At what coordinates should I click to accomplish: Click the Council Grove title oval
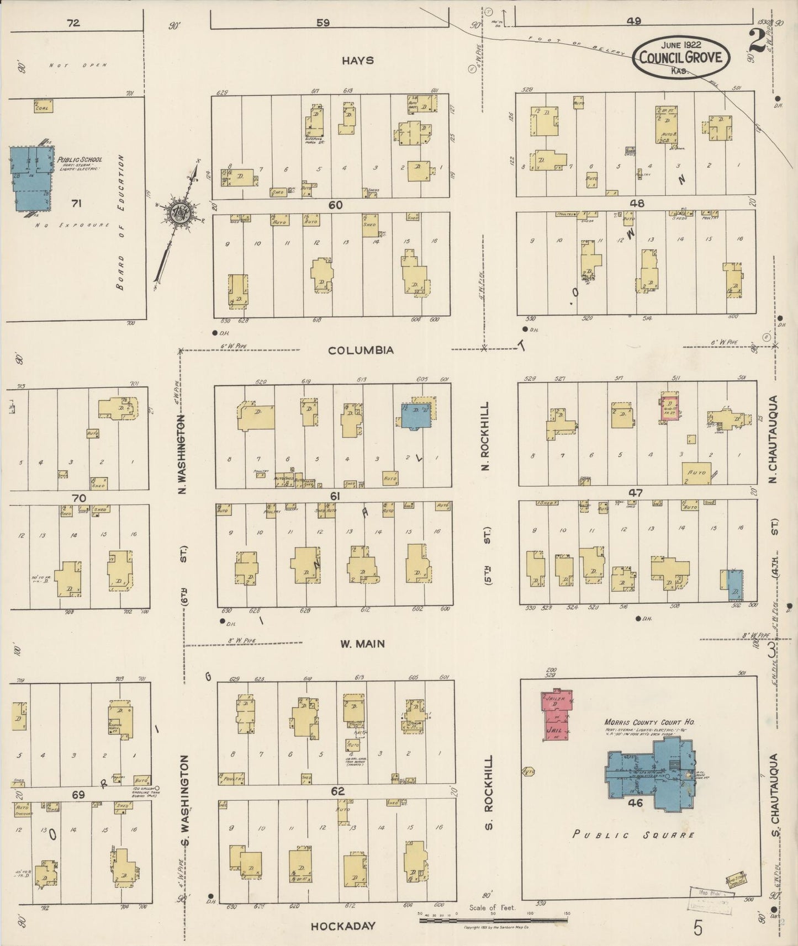[681, 57]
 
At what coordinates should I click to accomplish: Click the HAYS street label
[357, 60]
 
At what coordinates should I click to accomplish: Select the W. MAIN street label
[363, 644]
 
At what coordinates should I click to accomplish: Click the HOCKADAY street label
[343, 926]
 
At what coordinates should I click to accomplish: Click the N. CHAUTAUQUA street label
[773, 439]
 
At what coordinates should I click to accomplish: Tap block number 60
[335, 205]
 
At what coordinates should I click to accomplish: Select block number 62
[337, 791]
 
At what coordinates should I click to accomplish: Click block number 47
[636, 493]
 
